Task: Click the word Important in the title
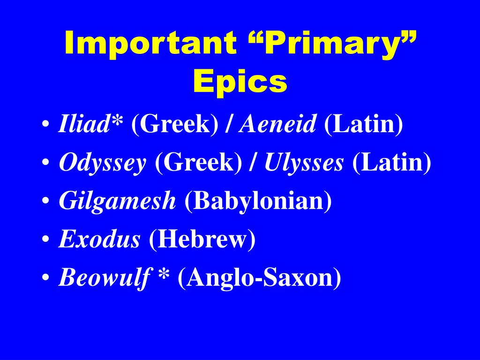point(150,44)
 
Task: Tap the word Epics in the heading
point(240,82)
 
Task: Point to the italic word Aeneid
point(278,126)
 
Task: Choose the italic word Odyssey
point(102,164)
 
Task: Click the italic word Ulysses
point(304,164)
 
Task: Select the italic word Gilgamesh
point(117,202)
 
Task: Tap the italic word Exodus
point(99,240)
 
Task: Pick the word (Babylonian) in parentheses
point(258,202)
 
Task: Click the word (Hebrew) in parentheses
point(202,240)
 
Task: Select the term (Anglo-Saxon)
point(259,278)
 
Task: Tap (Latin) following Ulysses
point(391,164)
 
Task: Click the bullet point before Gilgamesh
point(46,203)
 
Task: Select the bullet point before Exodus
point(46,241)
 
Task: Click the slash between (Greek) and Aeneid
point(230,126)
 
